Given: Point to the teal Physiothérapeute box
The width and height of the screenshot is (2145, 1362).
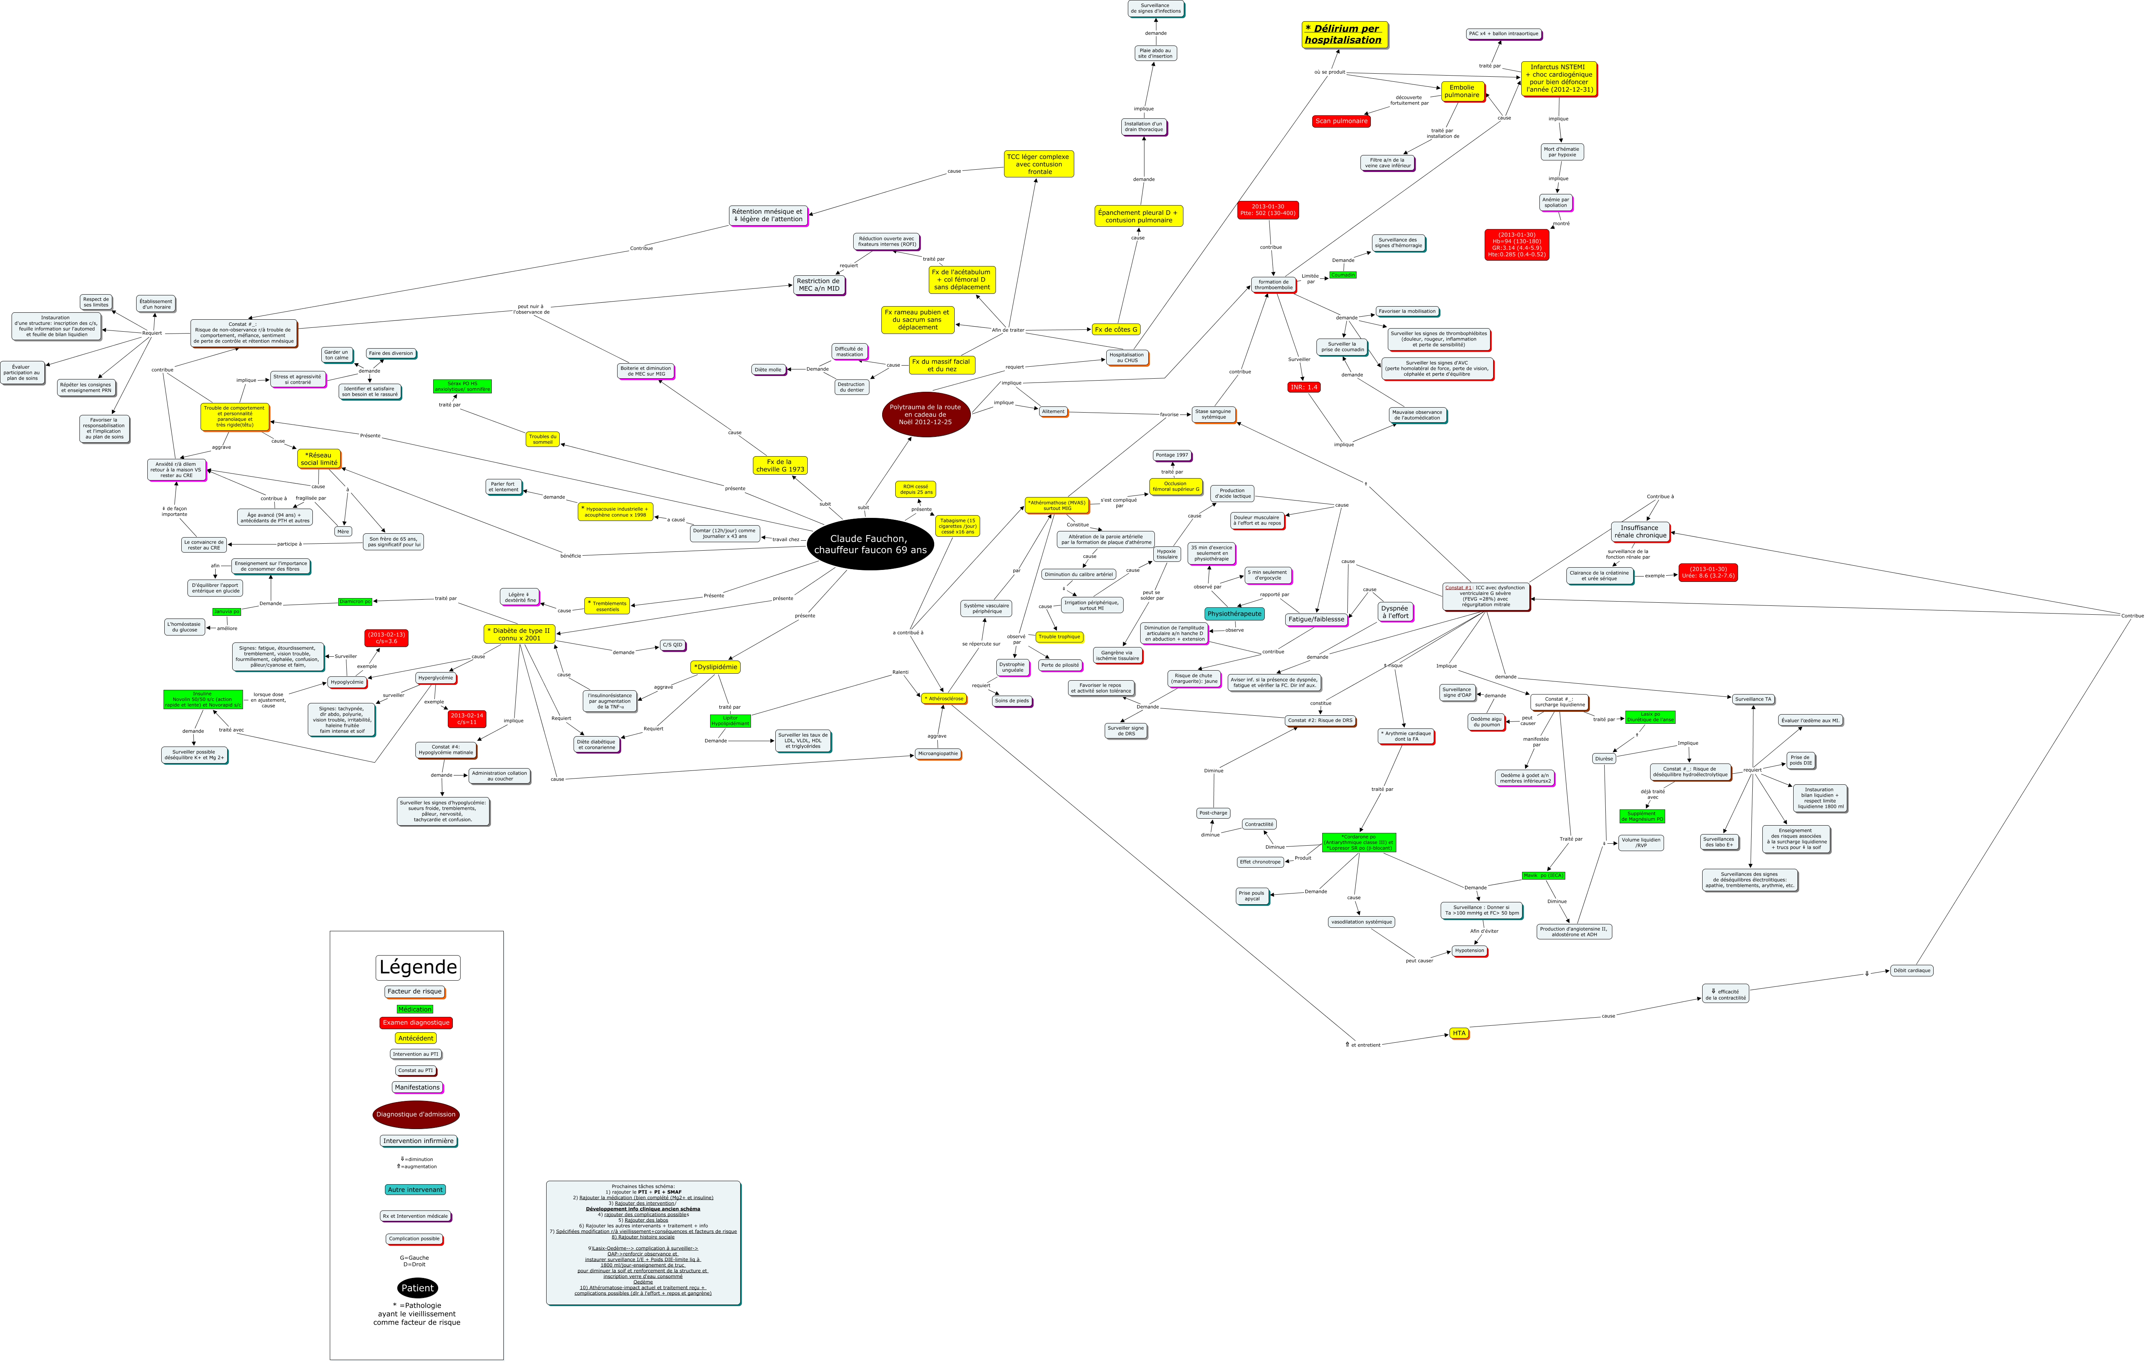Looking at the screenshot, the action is point(1234,614).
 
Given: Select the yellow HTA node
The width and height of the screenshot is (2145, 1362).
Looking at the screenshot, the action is point(1458,1033).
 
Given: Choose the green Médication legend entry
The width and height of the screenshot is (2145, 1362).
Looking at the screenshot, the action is point(415,1009).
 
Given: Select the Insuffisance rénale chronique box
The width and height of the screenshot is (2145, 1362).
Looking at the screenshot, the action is point(1640,532).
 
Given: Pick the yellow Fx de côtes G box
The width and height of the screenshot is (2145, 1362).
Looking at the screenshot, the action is point(1115,330).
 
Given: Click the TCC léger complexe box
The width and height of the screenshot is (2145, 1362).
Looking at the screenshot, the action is point(1039,164).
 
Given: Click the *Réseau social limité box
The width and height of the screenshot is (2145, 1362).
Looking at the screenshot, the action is point(319,459).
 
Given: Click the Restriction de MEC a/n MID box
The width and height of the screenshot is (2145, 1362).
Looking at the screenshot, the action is point(819,285).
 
